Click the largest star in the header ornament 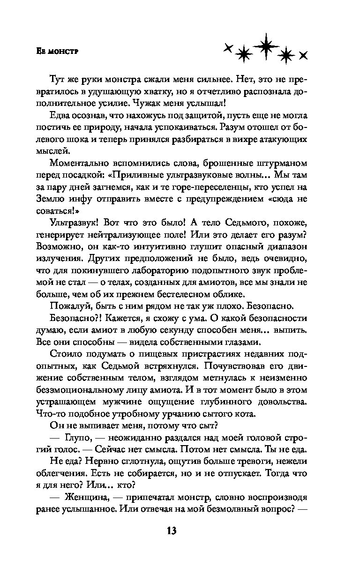[266, 46]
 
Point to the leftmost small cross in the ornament [228, 48]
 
